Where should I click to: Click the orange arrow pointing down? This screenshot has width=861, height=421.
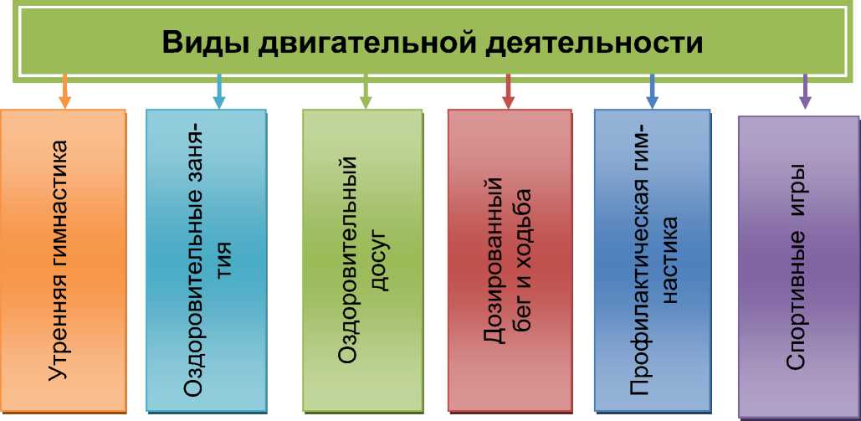click(x=65, y=91)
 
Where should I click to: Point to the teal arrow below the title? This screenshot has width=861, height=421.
click(x=219, y=91)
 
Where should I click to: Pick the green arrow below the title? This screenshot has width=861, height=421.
click(x=366, y=91)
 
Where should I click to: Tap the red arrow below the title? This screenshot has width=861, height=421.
click(x=508, y=91)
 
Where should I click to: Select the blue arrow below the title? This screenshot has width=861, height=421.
click(x=653, y=91)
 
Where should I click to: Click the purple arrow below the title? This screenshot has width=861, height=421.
click(x=805, y=91)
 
